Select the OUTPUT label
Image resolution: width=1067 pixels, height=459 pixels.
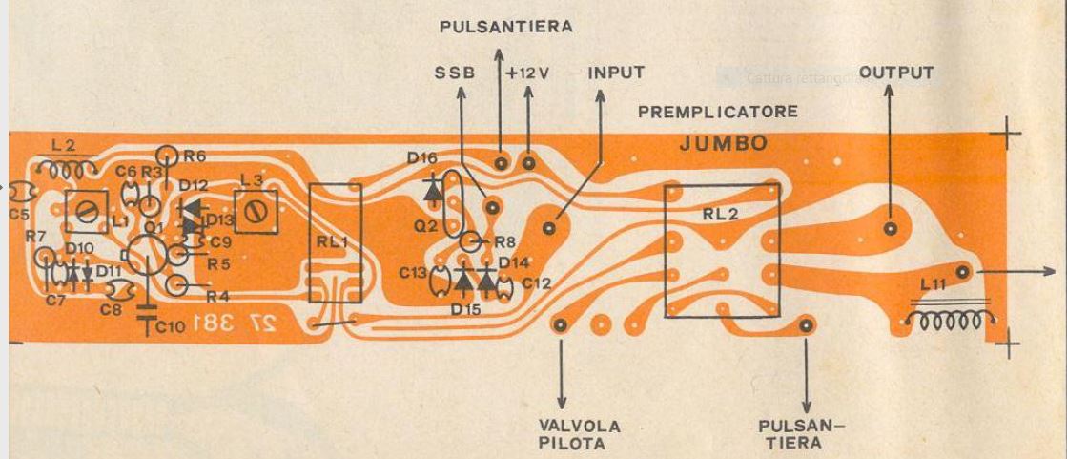[895, 73]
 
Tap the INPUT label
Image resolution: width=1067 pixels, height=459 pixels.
[615, 73]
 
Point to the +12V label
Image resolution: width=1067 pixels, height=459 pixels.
[528, 73]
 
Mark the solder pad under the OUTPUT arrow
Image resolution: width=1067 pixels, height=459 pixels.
[890, 229]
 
